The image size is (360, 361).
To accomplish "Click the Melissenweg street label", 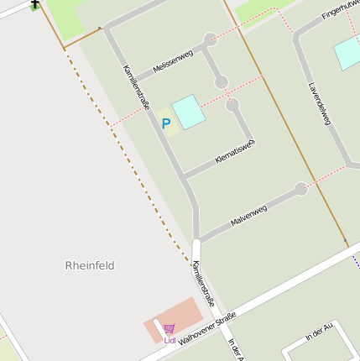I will click(170, 62).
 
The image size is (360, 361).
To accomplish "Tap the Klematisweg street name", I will click(234, 151).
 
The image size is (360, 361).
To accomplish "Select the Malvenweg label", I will click(248, 216).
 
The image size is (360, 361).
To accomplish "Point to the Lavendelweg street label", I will click(319, 103).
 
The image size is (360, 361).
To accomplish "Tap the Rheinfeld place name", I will click(90, 265).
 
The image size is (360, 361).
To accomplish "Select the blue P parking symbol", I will click(166, 123).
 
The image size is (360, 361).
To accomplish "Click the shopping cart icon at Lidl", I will click(170, 329).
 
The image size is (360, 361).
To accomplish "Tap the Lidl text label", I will click(170, 340).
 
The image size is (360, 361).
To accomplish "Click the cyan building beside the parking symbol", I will click(189, 112).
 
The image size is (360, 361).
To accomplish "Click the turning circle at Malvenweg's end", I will click(300, 189).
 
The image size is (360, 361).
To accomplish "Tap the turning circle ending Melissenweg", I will click(210, 39).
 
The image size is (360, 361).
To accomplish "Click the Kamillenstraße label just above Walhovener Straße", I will click(204, 283).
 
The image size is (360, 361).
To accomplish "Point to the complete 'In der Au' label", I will click(321, 332).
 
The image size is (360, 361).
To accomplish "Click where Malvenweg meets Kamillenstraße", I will click(198, 241).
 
